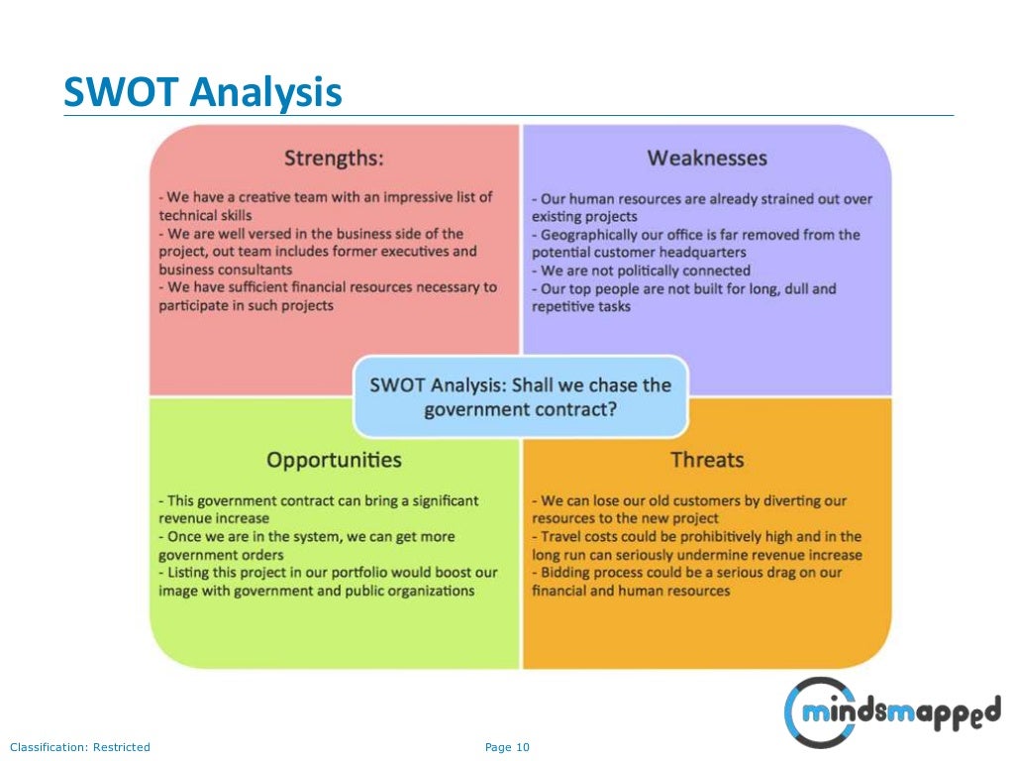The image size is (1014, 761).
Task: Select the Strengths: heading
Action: (334, 158)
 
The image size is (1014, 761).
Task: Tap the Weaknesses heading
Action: (707, 158)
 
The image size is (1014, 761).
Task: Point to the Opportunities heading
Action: (334, 460)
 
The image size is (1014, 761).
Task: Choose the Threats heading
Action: (707, 460)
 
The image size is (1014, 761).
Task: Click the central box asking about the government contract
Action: (520, 396)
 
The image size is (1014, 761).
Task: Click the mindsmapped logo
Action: (891, 711)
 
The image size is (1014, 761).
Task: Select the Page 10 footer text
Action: (507, 747)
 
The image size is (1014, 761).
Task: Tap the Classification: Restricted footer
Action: (79, 747)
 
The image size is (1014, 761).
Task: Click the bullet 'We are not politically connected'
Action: (646, 271)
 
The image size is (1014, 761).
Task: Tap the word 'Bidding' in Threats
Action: (567, 573)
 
